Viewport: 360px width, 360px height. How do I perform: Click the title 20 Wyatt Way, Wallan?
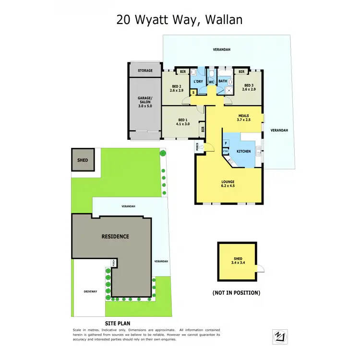pyautogui.click(x=180, y=20)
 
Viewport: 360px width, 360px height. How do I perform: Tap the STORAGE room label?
pyautogui.click(x=145, y=71)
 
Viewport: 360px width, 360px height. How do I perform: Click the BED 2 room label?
pyautogui.click(x=177, y=87)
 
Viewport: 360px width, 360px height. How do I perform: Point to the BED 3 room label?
pyautogui.click(x=249, y=87)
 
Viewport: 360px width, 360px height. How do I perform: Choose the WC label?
pyautogui.click(x=211, y=82)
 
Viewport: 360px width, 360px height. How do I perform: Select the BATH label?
pyautogui.click(x=223, y=82)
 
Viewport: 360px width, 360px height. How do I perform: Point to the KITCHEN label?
pyautogui.click(x=243, y=152)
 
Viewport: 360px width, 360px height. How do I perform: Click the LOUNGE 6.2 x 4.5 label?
pyautogui.click(x=228, y=184)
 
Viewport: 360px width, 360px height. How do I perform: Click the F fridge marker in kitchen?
pyautogui.click(x=226, y=143)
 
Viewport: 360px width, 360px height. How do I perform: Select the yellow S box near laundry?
pyautogui.click(x=193, y=92)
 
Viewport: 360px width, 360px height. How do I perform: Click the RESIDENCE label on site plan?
pyautogui.click(x=115, y=237)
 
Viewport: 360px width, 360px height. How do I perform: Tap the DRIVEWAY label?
pyautogui.click(x=90, y=291)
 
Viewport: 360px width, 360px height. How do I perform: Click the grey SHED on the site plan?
pyautogui.click(x=83, y=159)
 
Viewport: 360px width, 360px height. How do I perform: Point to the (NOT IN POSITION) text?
pyautogui.click(x=236, y=292)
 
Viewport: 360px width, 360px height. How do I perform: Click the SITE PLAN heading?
pyautogui.click(x=117, y=324)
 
